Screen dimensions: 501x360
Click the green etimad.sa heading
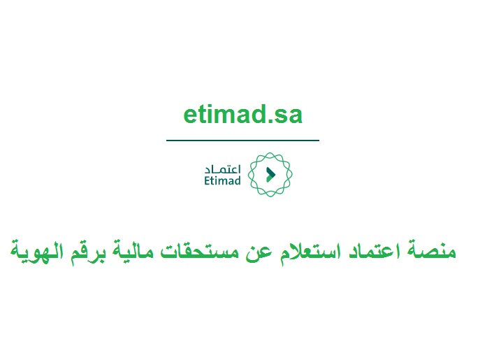(243, 114)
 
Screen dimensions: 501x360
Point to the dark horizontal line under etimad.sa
(243, 140)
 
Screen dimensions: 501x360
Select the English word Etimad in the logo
(222, 180)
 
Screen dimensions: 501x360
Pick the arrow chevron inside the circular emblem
(270, 175)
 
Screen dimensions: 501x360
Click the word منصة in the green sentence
(432, 250)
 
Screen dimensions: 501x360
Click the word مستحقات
(199, 251)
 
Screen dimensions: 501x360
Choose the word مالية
(133, 251)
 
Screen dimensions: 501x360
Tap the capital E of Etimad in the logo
(207, 181)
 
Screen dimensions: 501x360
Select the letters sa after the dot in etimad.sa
(286, 116)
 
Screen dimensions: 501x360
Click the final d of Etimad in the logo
(238, 180)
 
